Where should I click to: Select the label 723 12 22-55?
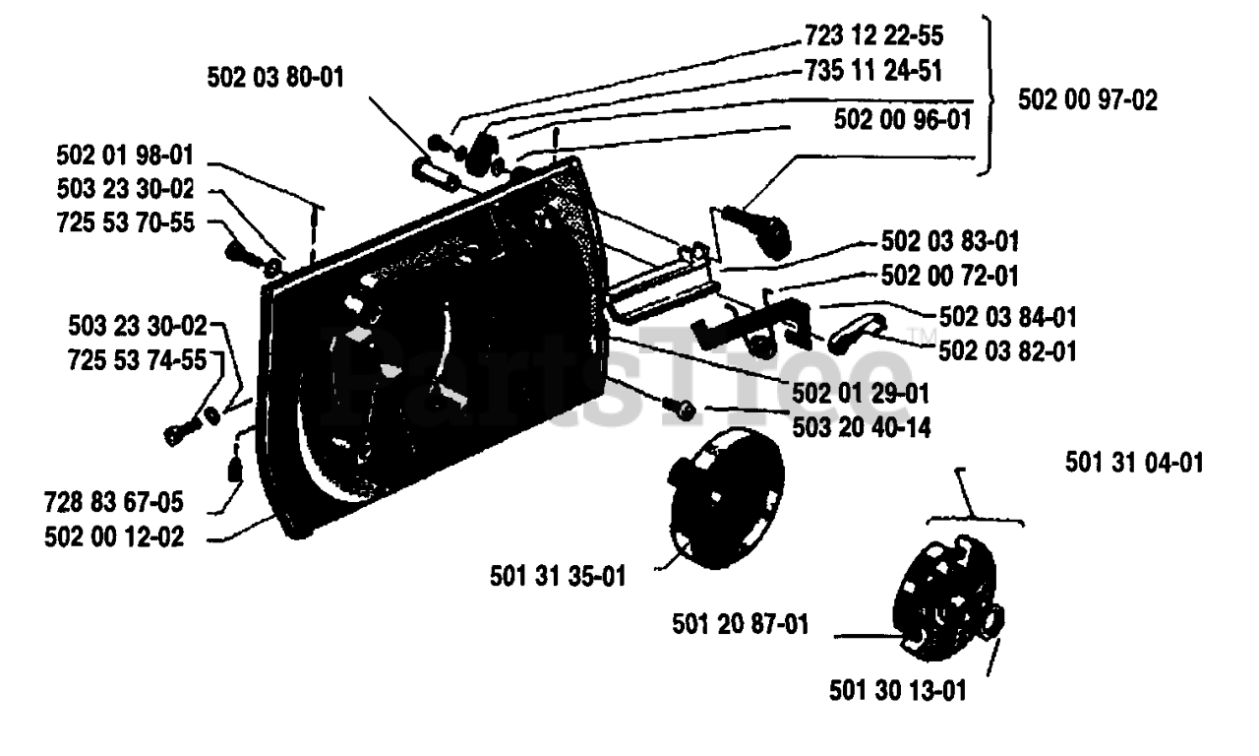click(871, 36)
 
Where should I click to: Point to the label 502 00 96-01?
click(902, 119)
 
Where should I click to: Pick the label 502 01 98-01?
click(125, 156)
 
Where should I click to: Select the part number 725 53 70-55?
click(125, 222)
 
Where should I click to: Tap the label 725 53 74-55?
click(138, 359)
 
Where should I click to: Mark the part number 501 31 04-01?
click(1134, 462)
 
